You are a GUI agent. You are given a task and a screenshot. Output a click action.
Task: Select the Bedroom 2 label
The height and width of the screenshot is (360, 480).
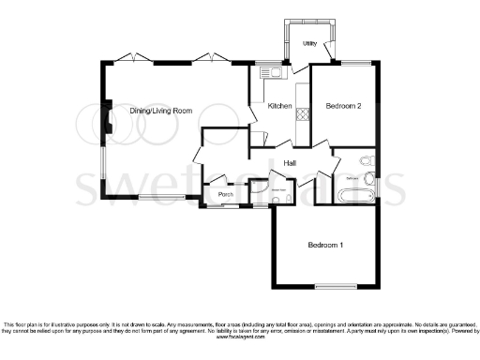(x=343, y=106)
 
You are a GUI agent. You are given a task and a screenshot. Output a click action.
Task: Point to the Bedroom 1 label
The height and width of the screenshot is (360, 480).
(x=325, y=245)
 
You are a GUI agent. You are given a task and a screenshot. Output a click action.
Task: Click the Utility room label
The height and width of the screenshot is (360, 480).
(x=308, y=43)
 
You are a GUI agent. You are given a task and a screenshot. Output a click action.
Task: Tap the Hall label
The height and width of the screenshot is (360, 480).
(x=291, y=162)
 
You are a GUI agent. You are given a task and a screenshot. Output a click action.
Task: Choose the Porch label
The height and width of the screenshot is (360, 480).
(x=225, y=195)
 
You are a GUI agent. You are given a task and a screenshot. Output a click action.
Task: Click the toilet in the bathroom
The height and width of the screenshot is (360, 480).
(x=371, y=177)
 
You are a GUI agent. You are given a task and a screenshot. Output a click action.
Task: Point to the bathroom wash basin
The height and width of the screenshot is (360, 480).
(x=368, y=159)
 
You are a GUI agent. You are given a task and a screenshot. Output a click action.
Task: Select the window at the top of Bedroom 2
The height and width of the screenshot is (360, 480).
(x=356, y=63)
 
